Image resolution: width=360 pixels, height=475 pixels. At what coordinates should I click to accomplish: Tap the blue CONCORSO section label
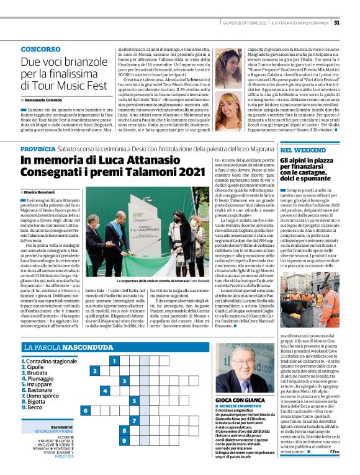[40, 48]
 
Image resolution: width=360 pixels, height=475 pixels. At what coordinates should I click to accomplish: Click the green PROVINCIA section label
[37, 149]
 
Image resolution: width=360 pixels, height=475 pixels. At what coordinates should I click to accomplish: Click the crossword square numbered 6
[86, 410]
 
